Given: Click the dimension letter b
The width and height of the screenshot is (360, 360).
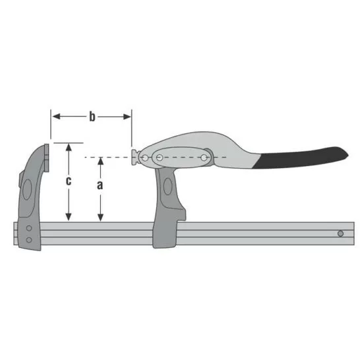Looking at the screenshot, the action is tap(92, 117).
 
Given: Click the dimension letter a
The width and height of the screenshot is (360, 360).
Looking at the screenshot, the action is tap(100, 185).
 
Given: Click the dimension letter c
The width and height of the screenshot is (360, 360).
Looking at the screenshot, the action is tap(69, 181).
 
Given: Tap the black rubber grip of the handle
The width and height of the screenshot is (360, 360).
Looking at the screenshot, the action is tap(301, 158).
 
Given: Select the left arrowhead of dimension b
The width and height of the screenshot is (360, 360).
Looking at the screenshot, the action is tap(57, 117).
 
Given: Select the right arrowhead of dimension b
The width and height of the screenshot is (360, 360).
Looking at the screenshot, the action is tap(127, 117).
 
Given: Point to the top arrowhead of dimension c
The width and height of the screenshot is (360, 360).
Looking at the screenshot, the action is tap(69, 147).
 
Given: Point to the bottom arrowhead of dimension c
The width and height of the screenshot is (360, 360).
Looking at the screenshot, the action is tap(69, 217).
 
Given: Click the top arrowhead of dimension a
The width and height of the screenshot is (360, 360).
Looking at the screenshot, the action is tap(100, 162).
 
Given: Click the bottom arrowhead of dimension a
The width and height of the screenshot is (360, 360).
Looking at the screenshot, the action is tap(100, 217).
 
